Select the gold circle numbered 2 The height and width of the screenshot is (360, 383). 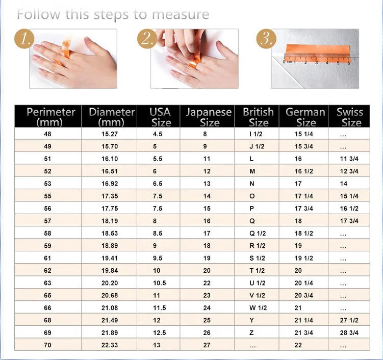point(146,39)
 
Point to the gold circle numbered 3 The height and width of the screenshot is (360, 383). point(265,39)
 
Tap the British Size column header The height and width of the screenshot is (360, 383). point(258,117)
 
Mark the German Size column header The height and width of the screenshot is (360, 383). point(306,117)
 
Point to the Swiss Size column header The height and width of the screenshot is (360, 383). point(350,117)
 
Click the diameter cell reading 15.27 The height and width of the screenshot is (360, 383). point(110,134)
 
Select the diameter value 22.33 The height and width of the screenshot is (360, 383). point(110,345)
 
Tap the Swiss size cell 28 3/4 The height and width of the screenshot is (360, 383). point(349,333)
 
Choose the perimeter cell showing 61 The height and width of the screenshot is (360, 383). point(48,259)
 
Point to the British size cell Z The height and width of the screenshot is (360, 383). point(251,333)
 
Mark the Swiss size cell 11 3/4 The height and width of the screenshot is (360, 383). point(349,159)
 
